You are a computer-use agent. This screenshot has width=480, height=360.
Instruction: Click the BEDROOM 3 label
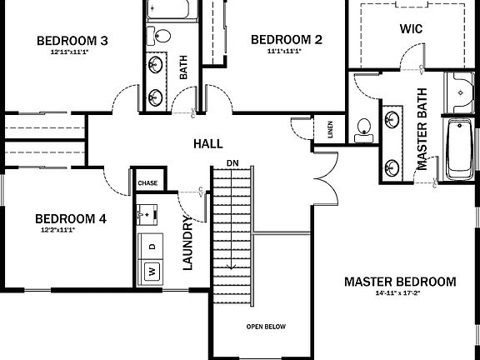pyautogui.click(x=74, y=41)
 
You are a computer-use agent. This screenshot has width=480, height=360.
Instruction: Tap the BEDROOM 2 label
pyautogui.click(x=286, y=39)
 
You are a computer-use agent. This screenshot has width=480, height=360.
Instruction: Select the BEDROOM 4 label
pyautogui.click(x=71, y=219)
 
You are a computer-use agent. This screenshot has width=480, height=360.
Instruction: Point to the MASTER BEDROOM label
pyautogui.click(x=400, y=282)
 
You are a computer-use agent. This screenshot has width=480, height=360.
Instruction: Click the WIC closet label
pyautogui.click(x=412, y=28)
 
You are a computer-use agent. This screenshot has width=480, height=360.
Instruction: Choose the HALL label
pyautogui.click(x=207, y=144)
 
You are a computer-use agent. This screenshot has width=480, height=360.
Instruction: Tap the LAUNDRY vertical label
pyautogui.click(x=188, y=243)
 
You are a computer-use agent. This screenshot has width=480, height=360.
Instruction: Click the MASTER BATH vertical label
pyautogui.click(x=422, y=129)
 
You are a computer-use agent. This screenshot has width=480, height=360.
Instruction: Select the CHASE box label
pyautogui.click(x=147, y=182)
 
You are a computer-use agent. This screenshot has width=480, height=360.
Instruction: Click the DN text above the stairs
pyautogui.click(x=232, y=162)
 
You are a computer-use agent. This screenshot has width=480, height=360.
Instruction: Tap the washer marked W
pyautogui.click(x=152, y=271)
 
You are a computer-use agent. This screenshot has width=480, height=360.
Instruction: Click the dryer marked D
pyautogui.click(x=152, y=247)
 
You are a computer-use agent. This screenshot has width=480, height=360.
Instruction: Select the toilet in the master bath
pyautogui.click(x=362, y=128)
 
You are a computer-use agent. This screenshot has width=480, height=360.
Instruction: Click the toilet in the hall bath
pyautogui.click(x=162, y=36)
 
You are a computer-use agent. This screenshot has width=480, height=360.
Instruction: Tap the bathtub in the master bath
pyautogui.click(x=458, y=150)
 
